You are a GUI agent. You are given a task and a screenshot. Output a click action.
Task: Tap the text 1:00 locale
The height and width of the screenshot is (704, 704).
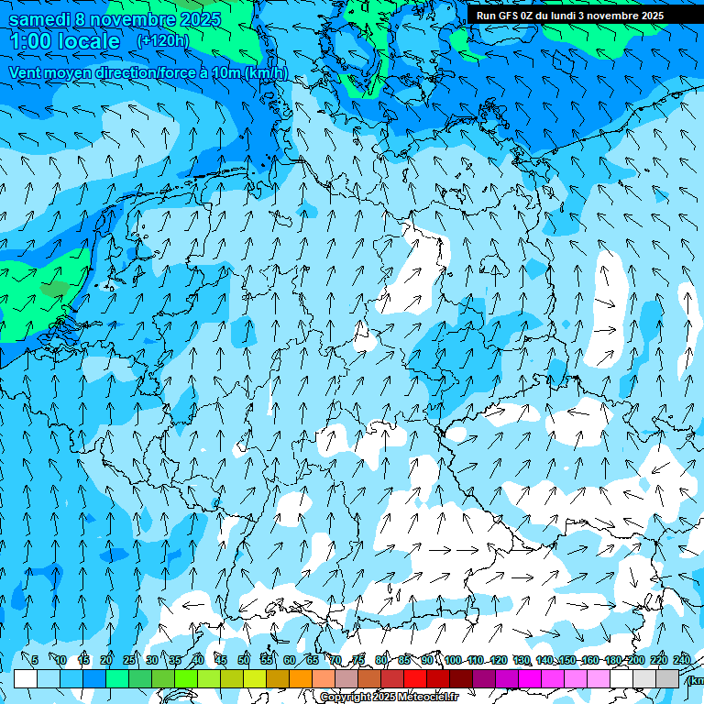tap(65, 41)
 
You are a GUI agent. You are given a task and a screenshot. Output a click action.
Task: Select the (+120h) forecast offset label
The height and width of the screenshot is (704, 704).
tap(162, 41)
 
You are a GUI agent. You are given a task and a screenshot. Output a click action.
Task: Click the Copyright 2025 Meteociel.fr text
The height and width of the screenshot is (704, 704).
tap(389, 697)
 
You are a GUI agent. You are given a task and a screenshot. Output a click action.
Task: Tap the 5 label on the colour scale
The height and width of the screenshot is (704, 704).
tap(34, 660)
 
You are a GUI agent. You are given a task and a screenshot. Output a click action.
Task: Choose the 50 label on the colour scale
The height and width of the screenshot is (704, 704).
tap(244, 660)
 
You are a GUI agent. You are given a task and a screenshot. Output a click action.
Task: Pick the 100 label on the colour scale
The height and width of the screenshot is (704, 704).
tap(453, 660)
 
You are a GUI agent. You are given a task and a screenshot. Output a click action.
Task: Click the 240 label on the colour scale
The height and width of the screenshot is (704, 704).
tap(682, 660)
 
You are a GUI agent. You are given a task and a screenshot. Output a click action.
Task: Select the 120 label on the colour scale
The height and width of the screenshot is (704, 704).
tap(499, 660)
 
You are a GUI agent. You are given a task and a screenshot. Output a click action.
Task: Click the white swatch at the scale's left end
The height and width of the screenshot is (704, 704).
tap(26, 678)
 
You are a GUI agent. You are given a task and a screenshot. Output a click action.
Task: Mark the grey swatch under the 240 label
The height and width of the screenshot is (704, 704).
tap(667, 678)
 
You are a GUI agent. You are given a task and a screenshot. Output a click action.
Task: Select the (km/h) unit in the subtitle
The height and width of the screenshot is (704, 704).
tap(267, 73)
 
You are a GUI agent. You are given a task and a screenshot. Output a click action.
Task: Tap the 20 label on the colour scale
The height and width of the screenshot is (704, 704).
tap(106, 660)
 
